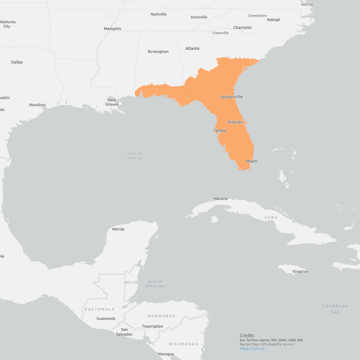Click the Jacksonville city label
tap(231, 97)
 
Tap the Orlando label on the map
tap(235, 122)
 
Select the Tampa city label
tap(220, 131)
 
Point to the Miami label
tap(252, 161)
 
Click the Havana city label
tap(220, 199)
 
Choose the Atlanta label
tap(192, 48)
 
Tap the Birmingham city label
tap(158, 52)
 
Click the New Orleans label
tap(112, 102)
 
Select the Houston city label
tap(37, 105)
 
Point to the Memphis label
tap(112, 29)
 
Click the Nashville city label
tap(158, 14)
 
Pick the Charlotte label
tap(243, 28)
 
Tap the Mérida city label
tap(118, 229)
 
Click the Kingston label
tap(300, 272)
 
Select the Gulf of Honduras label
tap(155, 284)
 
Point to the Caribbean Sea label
tap(335, 309)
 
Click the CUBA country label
tap(271, 218)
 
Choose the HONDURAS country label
tap(161, 316)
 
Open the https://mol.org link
tap(252, 349)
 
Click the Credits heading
tap(247, 335)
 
